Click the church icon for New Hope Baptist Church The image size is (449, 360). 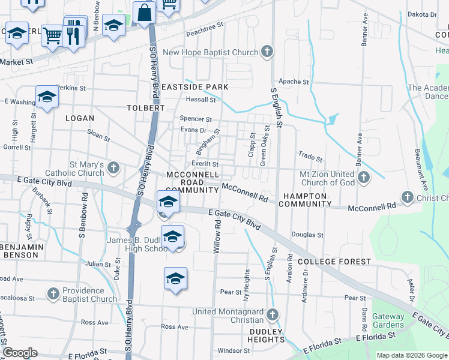coord(267,52)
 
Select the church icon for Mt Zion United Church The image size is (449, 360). coord(363,178)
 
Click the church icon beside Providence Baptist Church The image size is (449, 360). coord(53,294)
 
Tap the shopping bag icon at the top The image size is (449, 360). coord(145,12)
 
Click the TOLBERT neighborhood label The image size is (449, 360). coord(145,108)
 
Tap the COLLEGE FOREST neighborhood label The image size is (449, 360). coord(327,262)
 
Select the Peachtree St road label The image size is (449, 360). coord(204,27)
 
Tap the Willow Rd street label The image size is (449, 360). coord(217,235)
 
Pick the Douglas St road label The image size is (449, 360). coord(307,235)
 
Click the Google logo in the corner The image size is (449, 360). coord(20,352)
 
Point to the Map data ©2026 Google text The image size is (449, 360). coord(412,355)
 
